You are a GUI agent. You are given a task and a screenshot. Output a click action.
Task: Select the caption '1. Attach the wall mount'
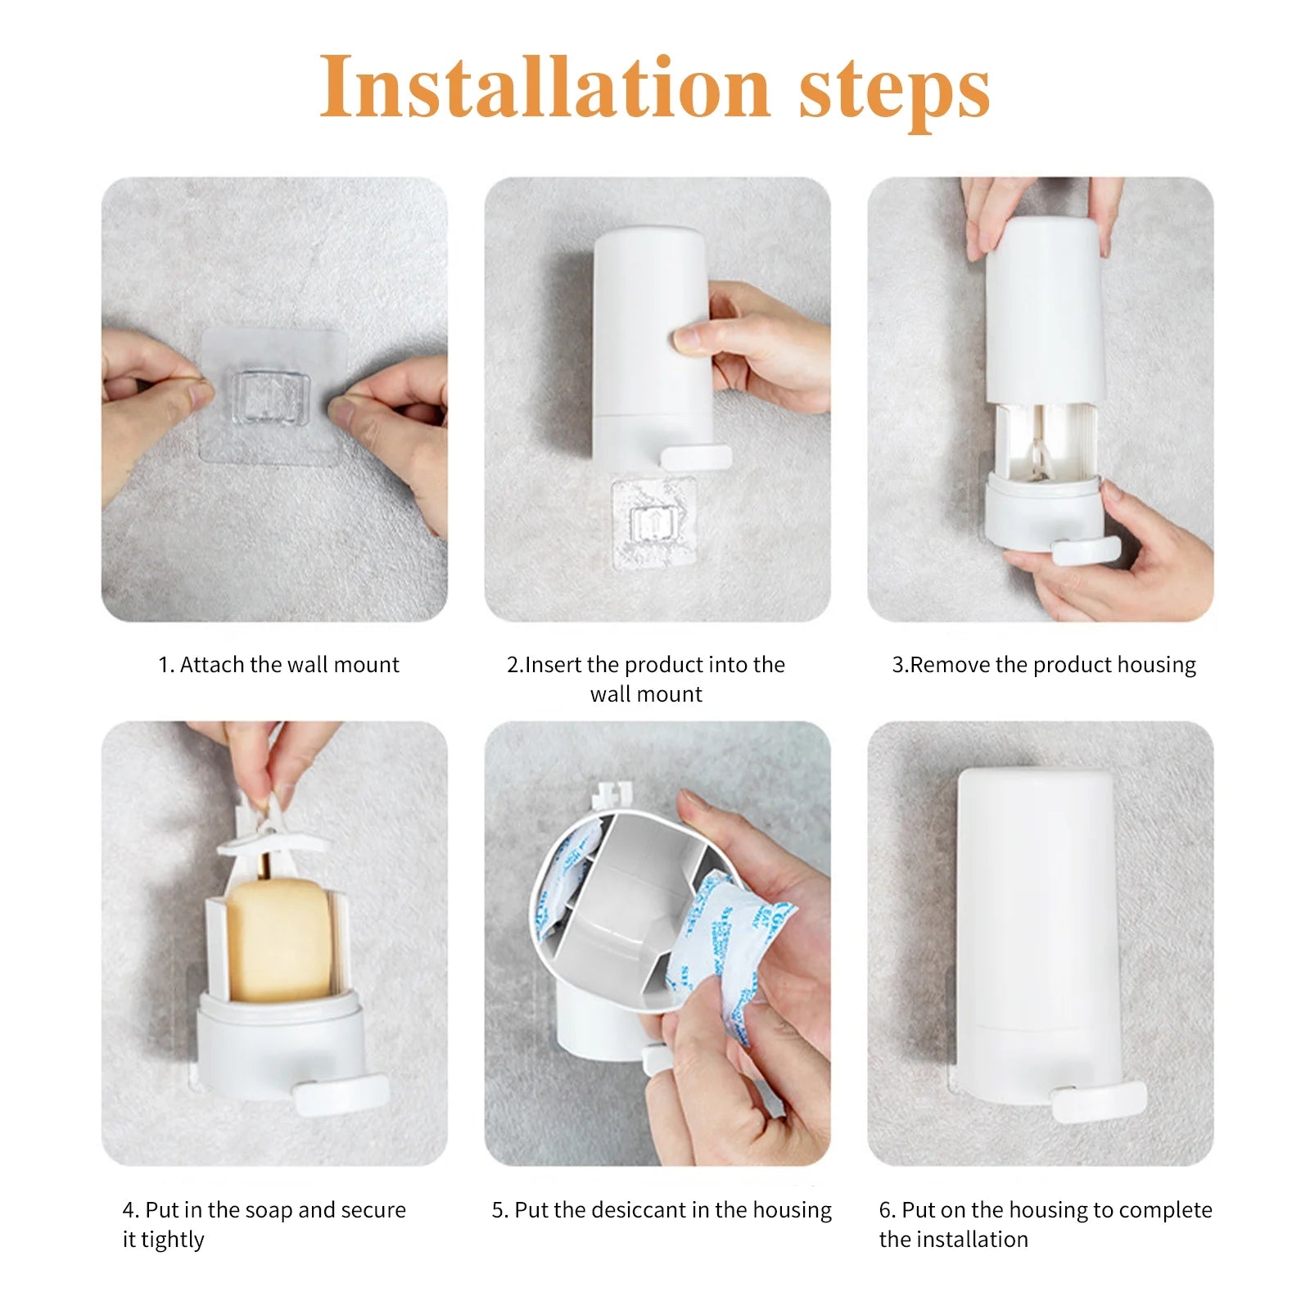(278, 665)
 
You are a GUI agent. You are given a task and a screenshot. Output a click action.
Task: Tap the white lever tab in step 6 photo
(1099, 1100)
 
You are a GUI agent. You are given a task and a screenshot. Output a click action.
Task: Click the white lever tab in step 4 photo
(341, 1095)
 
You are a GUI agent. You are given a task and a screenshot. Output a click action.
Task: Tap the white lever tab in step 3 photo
(1086, 550)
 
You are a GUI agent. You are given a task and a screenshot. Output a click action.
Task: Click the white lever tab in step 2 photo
(696, 457)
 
